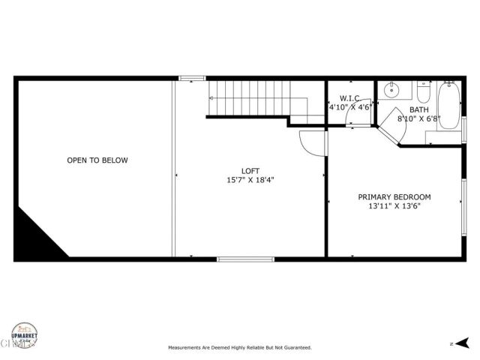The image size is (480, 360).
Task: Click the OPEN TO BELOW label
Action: tap(97, 160)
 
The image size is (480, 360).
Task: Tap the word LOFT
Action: tap(250, 170)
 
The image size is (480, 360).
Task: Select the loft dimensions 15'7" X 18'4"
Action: tap(250, 180)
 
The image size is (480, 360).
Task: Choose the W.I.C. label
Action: tap(350, 98)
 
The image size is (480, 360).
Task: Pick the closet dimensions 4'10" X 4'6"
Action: tap(350, 107)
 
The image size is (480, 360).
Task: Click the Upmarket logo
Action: tap(25, 336)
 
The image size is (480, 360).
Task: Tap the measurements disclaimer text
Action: tap(240, 348)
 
